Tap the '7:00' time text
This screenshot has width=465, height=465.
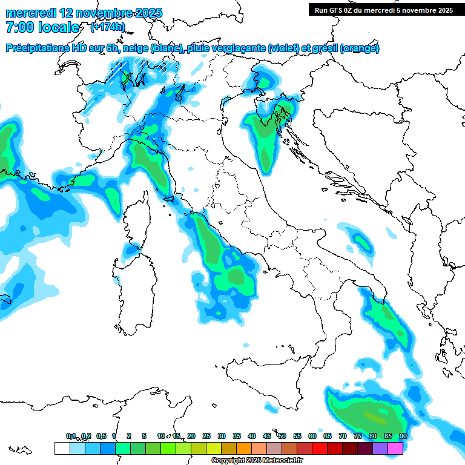(19, 27)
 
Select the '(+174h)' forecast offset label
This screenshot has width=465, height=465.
(107, 27)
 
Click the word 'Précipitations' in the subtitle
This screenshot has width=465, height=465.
(38, 48)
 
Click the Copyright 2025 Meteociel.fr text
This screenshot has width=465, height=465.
(257, 461)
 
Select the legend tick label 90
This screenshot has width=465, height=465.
(403, 436)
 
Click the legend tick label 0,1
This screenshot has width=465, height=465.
(71, 436)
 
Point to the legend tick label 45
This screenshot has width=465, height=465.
(267, 436)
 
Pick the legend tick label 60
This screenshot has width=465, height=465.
(312, 436)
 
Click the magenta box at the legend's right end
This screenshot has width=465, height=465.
(395, 448)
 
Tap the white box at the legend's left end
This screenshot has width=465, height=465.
(62, 448)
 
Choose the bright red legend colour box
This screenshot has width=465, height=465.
(320, 448)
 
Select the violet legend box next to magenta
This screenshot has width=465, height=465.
(380, 448)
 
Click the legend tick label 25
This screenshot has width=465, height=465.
(206, 436)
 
